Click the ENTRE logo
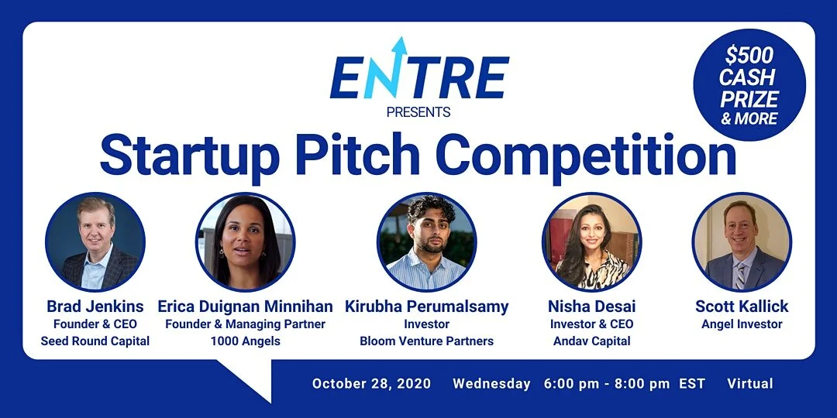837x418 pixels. coord(418,74)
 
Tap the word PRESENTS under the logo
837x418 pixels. coord(418,112)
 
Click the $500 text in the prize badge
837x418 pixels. coord(749,57)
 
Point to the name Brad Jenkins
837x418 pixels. coord(95,307)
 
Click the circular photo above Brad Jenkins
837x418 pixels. coord(95,242)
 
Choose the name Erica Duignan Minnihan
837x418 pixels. coord(245,307)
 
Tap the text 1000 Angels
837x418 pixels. coord(245,341)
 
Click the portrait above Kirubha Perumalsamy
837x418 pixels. coord(426,242)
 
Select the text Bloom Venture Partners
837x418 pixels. coord(426,341)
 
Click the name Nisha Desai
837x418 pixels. coord(591,307)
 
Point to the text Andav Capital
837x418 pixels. coord(591,341)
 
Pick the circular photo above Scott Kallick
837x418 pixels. coord(742,242)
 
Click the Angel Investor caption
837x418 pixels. coord(742,324)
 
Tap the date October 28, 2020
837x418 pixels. coord(372,384)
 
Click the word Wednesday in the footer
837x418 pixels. coord(491,384)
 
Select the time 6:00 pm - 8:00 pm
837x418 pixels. coord(607,384)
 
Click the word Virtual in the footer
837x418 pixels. coord(750,384)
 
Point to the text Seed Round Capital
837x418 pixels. coord(95,341)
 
